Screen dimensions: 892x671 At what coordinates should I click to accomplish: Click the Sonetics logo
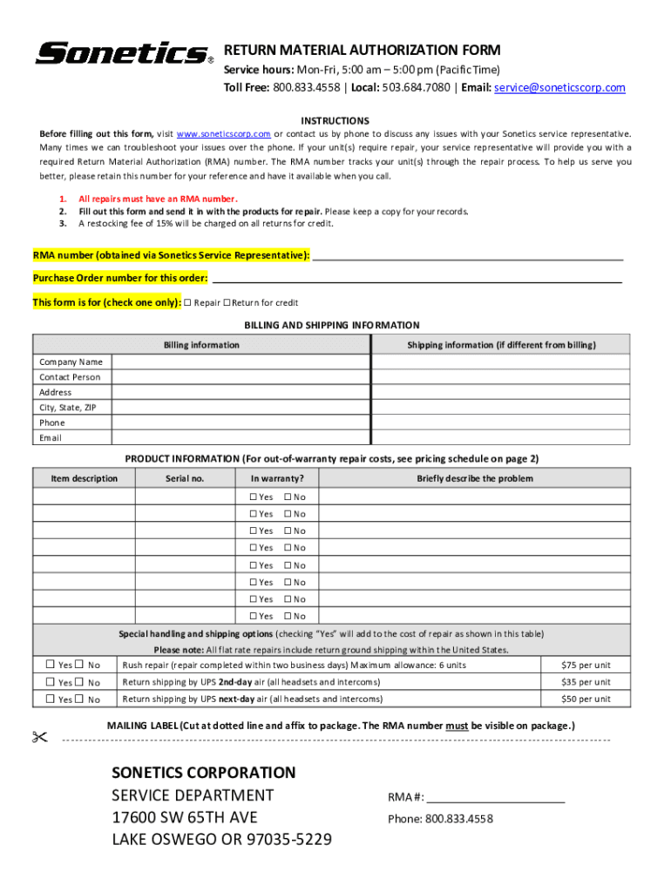pos(122,54)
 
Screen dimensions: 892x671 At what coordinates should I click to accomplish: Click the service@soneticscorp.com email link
pos(559,88)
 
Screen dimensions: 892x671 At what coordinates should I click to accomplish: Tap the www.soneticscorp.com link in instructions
pos(223,134)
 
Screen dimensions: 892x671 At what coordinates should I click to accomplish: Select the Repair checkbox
pos(188,303)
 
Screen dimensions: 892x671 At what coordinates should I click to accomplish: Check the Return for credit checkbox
pos(227,303)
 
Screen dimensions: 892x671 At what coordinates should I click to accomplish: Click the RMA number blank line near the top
pos(467,256)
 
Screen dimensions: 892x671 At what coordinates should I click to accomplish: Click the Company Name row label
pos(71,362)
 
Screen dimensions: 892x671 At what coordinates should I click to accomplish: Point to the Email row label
pos(51,438)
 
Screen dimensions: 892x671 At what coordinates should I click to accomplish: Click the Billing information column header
pos(201,345)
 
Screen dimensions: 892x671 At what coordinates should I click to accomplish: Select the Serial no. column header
pos(185,478)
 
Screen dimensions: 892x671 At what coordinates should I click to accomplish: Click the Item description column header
pos(84,478)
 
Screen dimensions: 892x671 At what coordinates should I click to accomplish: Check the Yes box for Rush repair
pos(51,666)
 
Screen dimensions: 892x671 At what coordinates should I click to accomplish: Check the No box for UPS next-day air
pos(79,699)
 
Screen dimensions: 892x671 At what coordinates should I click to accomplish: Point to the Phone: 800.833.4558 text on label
pos(440,819)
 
